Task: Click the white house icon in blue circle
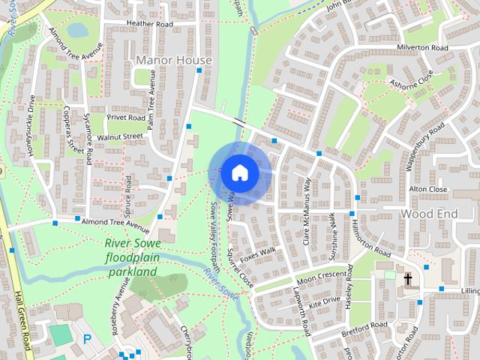239,172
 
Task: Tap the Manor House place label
174,59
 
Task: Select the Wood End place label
428,214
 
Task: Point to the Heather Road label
150,24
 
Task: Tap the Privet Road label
126,118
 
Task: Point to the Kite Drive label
325,301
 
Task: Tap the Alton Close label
427,189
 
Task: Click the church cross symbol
409,279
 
